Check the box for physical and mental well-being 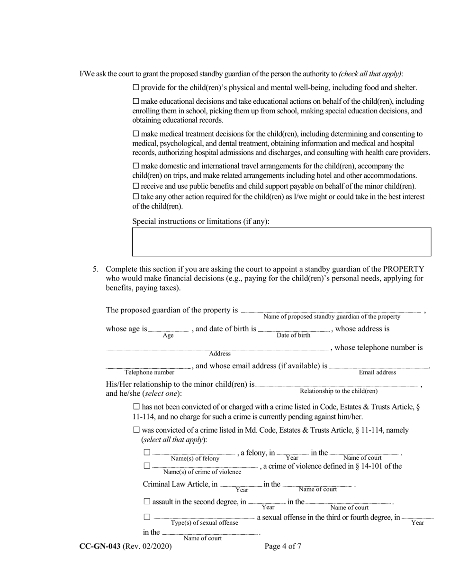tap(136, 88)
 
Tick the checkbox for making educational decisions tap(136, 101)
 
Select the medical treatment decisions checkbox tap(136, 134)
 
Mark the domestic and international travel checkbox tap(136, 166)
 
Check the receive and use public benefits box tap(136, 186)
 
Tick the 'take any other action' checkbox tap(136, 197)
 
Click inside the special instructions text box tap(281, 242)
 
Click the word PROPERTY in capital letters tap(404, 269)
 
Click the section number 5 tap(95, 269)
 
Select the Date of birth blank tap(294, 330)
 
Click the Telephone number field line tap(149, 368)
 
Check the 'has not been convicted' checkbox tap(137, 407)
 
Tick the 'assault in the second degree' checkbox tap(147, 501)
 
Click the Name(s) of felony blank tap(194, 454)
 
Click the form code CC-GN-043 tap(100, 546)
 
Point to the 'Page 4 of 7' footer tap(283, 546)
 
